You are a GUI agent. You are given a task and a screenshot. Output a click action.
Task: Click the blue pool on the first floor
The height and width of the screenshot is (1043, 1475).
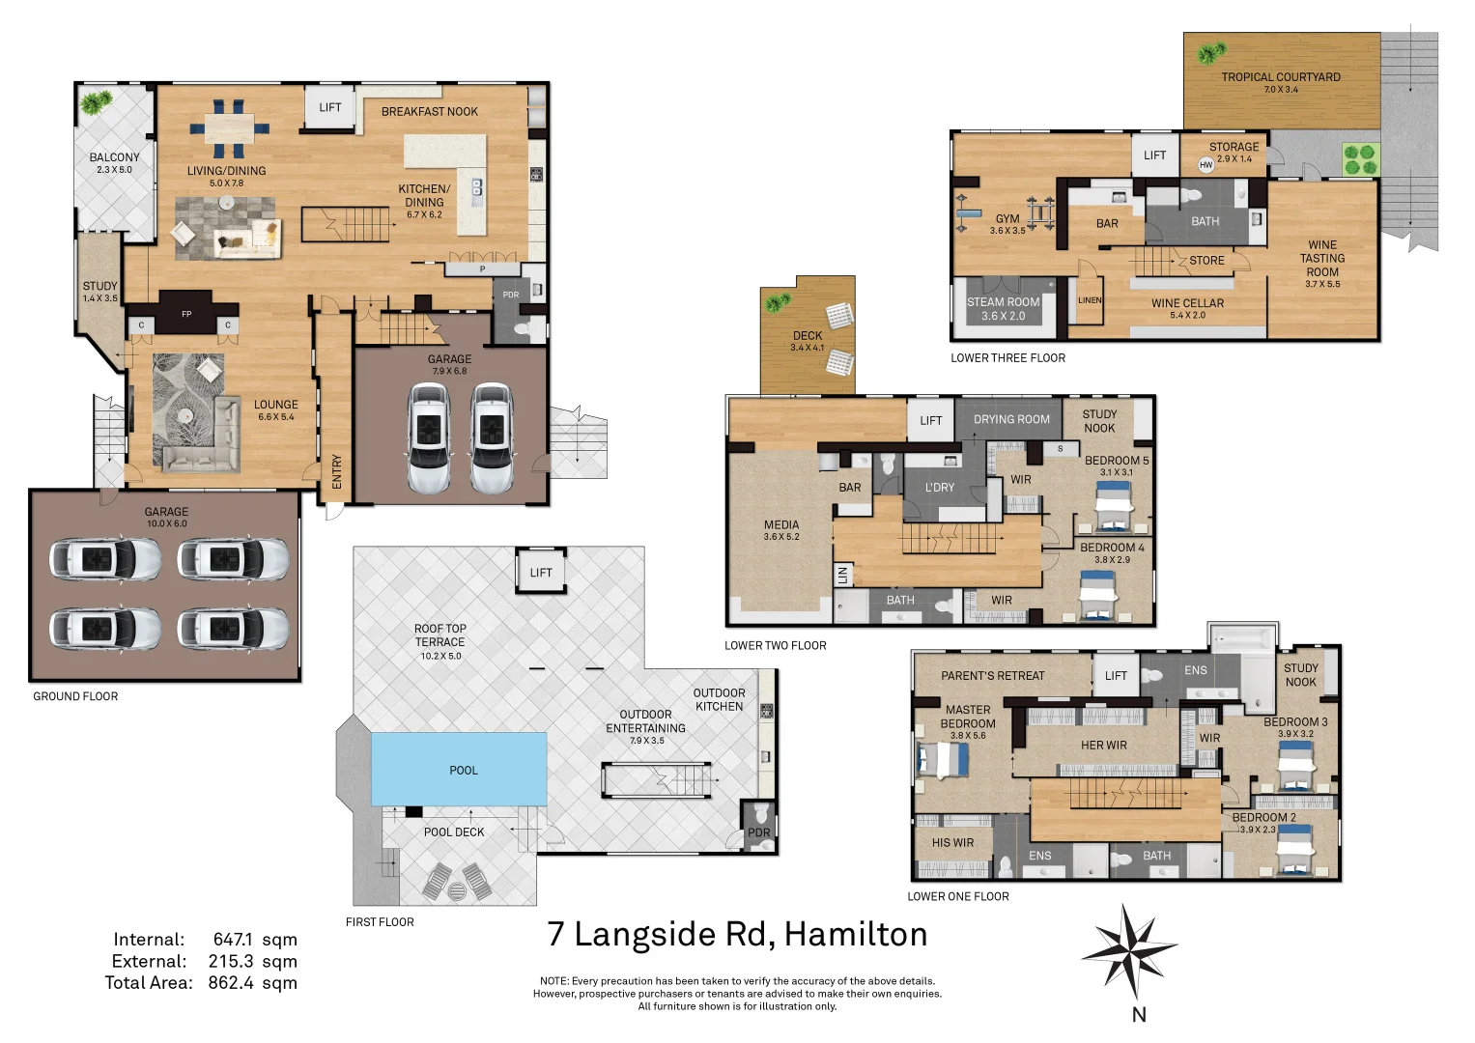click(x=459, y=769)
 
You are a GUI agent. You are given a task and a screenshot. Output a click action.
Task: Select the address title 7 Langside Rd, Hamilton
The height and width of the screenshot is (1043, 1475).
click(x=737, y=935)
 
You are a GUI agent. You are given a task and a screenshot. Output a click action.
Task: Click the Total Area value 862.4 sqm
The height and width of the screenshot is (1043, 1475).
click(x=252, y=983)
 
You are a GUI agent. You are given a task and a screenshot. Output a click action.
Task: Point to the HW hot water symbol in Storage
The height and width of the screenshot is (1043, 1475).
click(x=1206, y=165)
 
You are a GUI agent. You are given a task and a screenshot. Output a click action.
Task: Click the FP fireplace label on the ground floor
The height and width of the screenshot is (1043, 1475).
click(x=186, y=314)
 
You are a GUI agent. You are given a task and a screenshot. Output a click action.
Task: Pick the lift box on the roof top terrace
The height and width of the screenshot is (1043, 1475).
click(x=540, y=573)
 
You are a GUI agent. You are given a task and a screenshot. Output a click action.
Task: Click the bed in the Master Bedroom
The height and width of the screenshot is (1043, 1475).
click(x=943, y=760)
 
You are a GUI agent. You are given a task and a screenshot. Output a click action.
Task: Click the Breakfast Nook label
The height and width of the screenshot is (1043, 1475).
click(x=429, y=112)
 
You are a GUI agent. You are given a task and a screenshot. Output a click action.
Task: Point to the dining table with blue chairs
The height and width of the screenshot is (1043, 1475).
click(x=229, y=128)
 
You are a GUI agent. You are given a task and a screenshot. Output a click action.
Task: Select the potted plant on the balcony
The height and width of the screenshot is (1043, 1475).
click(x=95, y=102)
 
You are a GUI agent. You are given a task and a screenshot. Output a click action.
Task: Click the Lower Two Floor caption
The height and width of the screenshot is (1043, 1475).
click(x=776, y=646)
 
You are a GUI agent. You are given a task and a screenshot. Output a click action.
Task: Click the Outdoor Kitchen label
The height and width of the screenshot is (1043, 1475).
click(x=719, y=700)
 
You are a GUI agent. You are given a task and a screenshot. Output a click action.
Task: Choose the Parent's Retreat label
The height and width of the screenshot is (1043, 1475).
click(x=992, y=676)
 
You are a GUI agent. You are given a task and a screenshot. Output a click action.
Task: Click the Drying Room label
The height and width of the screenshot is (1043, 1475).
click(x=1011, y=420)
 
